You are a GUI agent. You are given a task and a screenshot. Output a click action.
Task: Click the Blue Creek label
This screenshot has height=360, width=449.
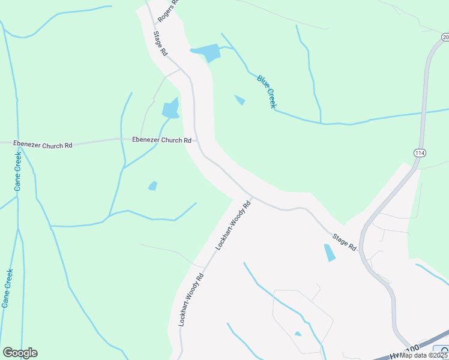[x=267, y=91]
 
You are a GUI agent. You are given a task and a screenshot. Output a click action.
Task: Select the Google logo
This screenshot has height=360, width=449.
[x=20, y=353]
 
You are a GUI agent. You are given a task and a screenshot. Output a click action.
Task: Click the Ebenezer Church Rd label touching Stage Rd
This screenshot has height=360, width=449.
[x=161, y=140]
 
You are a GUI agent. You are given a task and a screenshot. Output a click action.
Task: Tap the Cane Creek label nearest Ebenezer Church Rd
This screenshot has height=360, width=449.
[x=18, y=171]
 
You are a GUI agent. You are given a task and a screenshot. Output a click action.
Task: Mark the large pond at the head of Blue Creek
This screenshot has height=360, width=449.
[x=208, y=53]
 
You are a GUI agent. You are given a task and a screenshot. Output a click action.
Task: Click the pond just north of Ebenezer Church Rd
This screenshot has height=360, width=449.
[x=170, y=109]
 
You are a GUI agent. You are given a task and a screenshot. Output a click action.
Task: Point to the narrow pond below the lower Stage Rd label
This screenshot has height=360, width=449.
[x=330, y=252]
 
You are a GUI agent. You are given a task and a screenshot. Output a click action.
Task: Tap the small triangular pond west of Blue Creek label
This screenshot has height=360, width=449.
[x=240, y=100]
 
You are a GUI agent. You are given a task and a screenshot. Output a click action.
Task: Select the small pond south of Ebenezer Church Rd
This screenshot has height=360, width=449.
[x=153, y=186]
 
